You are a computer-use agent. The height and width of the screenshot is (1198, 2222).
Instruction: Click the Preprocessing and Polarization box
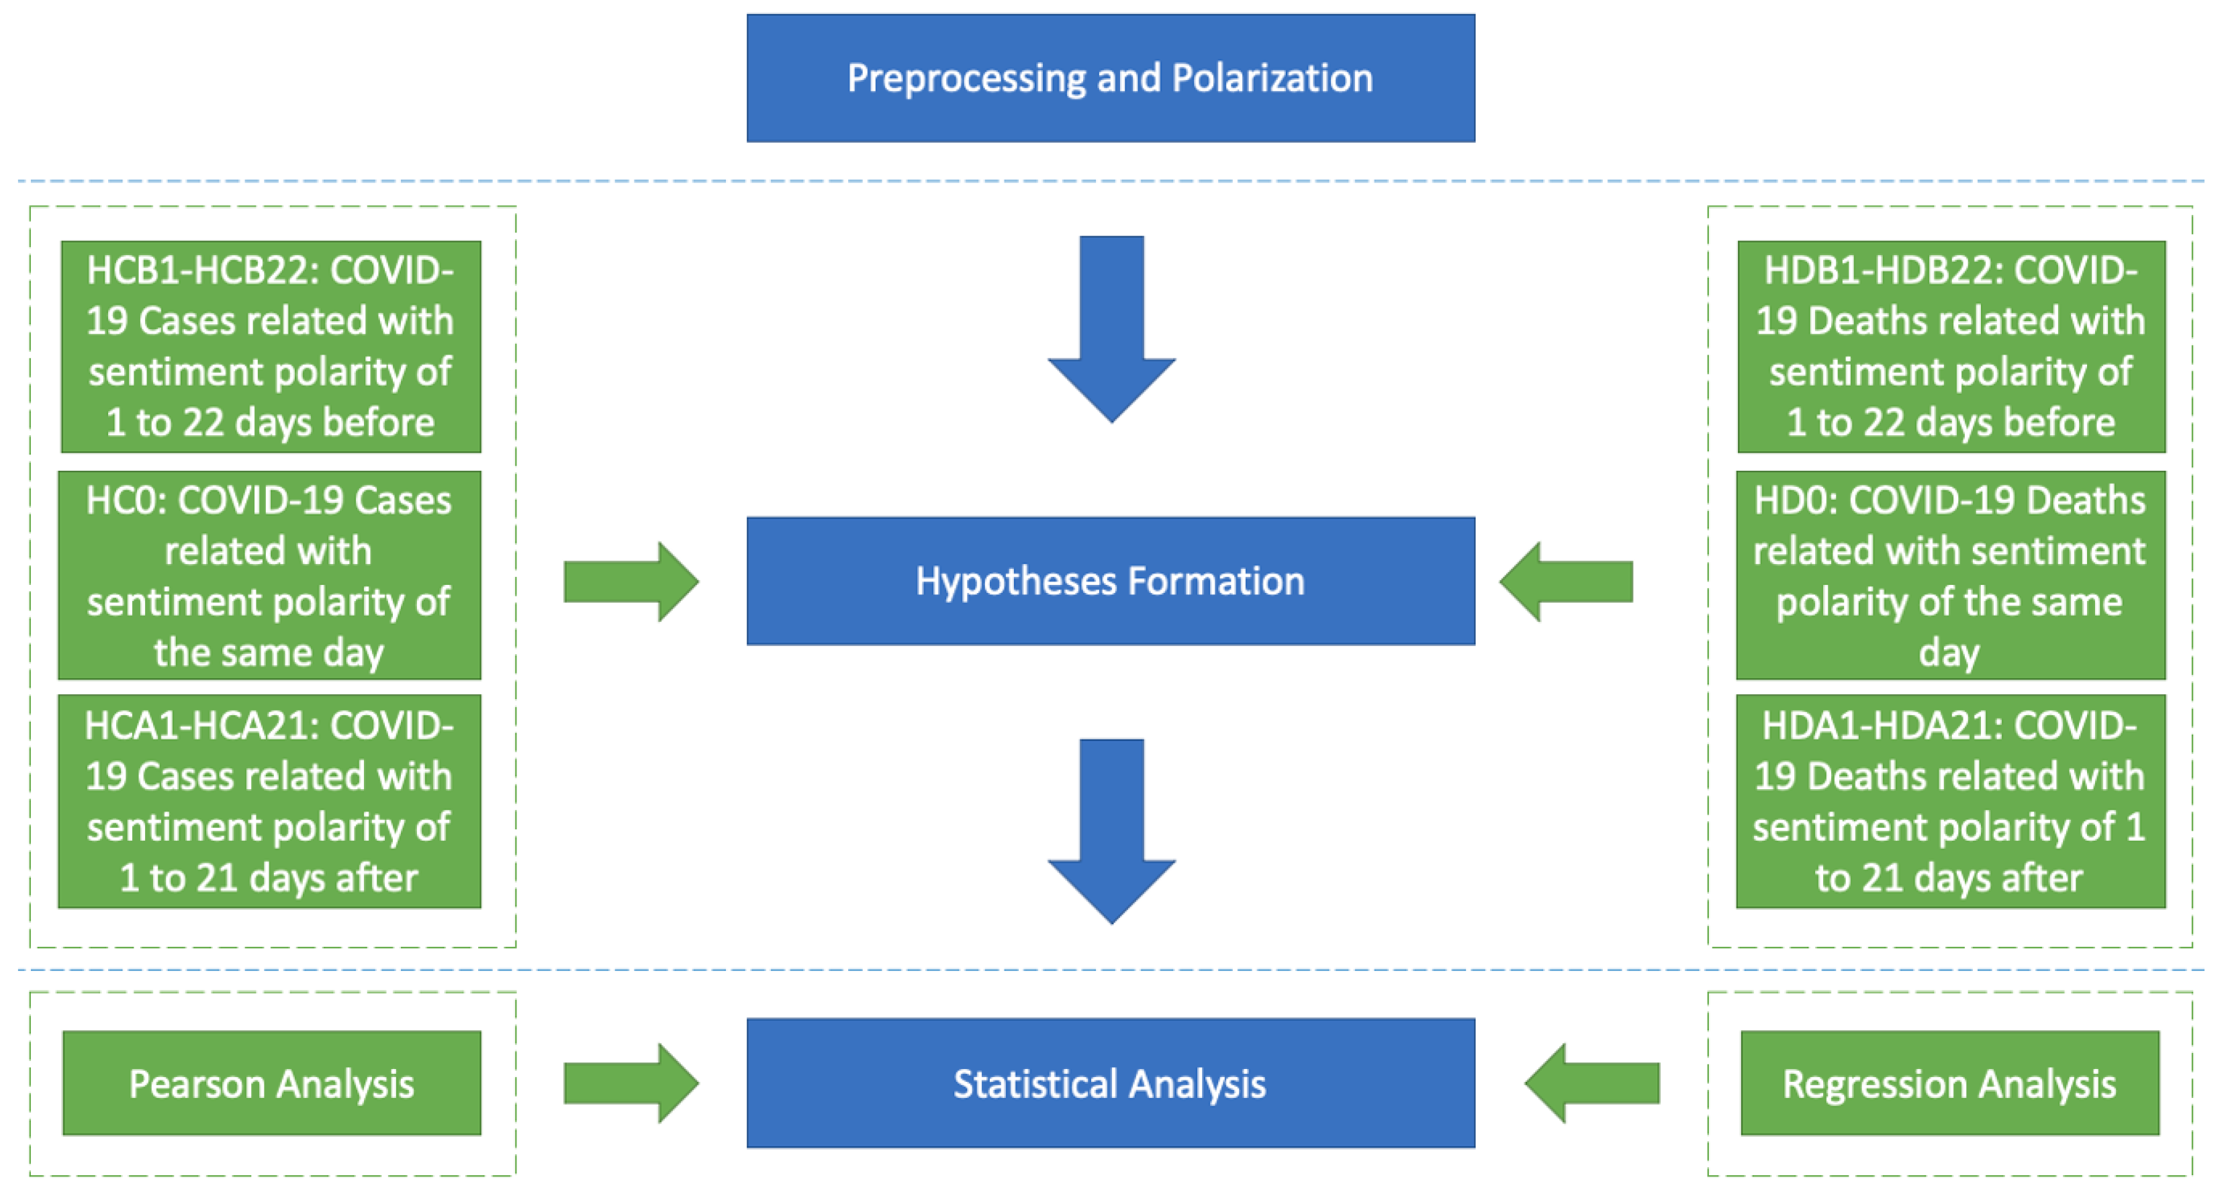point(1110,78)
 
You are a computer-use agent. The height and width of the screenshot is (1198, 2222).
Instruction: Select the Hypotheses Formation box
point(1110,580)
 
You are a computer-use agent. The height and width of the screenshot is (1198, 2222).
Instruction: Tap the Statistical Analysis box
point(1110,1082)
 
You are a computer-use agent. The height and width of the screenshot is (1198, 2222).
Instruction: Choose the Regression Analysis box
point(1949,1082)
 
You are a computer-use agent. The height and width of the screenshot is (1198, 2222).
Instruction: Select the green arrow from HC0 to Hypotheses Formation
point(630,582)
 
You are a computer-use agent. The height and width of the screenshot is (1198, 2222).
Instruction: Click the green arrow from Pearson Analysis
point(630,1082)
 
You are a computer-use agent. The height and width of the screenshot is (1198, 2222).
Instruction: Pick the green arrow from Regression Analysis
point(1592,1082)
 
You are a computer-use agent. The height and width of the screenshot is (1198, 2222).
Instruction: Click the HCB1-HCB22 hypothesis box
point(271,346)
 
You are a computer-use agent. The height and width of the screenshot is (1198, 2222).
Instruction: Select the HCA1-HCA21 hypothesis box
point(269,800)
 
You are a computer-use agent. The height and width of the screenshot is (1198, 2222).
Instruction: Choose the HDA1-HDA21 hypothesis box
point(1949,800)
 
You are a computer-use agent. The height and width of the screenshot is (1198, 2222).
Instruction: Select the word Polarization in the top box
point(1272,78)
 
